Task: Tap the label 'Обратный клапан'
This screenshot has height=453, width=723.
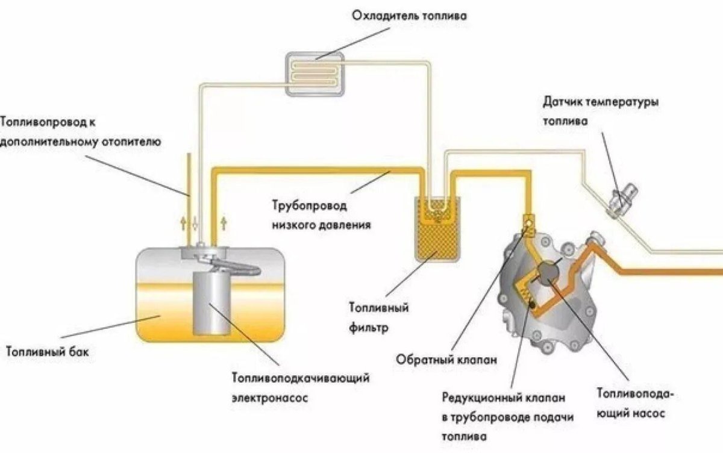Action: [x=446, y=360]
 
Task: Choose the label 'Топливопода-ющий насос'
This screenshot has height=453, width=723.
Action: [x=635, y=404]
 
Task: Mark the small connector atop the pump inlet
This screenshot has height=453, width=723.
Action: [x=530, y=222]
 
